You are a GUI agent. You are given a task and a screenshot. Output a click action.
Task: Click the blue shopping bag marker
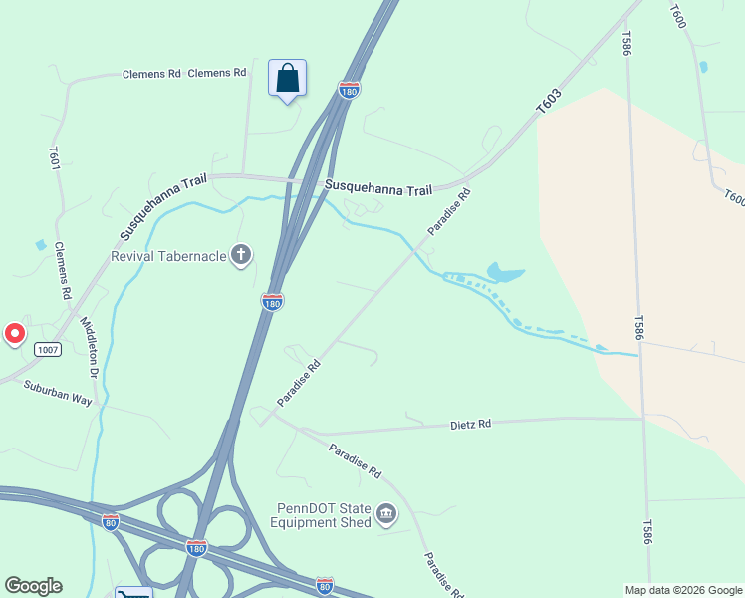pos(287,79)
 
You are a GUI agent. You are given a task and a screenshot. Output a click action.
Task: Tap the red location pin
pos(15,334)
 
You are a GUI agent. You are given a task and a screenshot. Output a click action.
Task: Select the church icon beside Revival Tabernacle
pos(240,256)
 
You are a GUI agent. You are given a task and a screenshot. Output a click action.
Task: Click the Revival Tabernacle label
pos(164,256)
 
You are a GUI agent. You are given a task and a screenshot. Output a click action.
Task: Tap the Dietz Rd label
pos(471,424)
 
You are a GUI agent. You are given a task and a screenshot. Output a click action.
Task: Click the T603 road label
pos(548,101)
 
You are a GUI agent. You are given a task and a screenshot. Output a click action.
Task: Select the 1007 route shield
pos(47,349)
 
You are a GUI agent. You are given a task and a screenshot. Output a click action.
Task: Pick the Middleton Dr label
pos(89,347)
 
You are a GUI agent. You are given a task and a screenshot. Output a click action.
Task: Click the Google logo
pos(33,586)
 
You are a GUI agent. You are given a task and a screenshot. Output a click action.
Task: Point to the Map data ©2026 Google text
pos(683,590)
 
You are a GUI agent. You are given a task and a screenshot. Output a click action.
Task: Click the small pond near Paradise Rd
pos(506,271)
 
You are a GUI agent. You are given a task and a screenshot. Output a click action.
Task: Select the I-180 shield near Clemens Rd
pos(349,90)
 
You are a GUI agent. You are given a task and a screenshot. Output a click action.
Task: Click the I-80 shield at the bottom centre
pos(324,585)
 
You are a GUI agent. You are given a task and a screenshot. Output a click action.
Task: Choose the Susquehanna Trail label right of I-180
pos(379,187)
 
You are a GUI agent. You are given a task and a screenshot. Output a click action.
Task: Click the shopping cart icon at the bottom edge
pos(132,592)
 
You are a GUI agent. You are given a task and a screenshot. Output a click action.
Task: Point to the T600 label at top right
pos(678,16)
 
